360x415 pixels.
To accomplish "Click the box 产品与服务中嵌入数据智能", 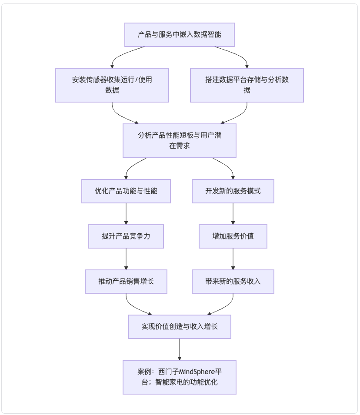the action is [179, 35].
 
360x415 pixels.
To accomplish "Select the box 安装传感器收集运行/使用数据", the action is [112, 85].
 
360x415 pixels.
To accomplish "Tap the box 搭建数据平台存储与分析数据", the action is [247, 85].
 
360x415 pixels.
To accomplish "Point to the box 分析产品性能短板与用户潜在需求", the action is [179, 140].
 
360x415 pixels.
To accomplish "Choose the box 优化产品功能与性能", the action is [126, 191].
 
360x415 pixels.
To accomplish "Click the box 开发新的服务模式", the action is [233, 191].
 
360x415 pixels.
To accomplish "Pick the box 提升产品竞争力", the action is [126, 236].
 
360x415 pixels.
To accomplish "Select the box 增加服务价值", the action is [233, 236].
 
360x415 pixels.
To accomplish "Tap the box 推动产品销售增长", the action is [126, 281].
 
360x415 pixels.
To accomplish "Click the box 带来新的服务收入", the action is [233, 281].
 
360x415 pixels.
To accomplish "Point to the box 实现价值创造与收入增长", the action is [179, 327].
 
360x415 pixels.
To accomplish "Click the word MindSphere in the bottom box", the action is [197, 372].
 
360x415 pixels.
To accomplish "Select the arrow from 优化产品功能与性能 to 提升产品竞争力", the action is [126, 214].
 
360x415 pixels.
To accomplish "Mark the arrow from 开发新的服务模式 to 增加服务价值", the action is [233, 214].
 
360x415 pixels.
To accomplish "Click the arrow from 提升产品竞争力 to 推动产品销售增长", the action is [126, 259].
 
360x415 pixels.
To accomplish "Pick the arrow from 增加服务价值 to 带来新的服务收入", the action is [233, 259].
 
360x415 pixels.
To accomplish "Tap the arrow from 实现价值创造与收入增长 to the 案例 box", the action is [179, 349].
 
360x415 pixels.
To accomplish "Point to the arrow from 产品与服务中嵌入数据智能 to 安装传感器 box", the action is [122, 54].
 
